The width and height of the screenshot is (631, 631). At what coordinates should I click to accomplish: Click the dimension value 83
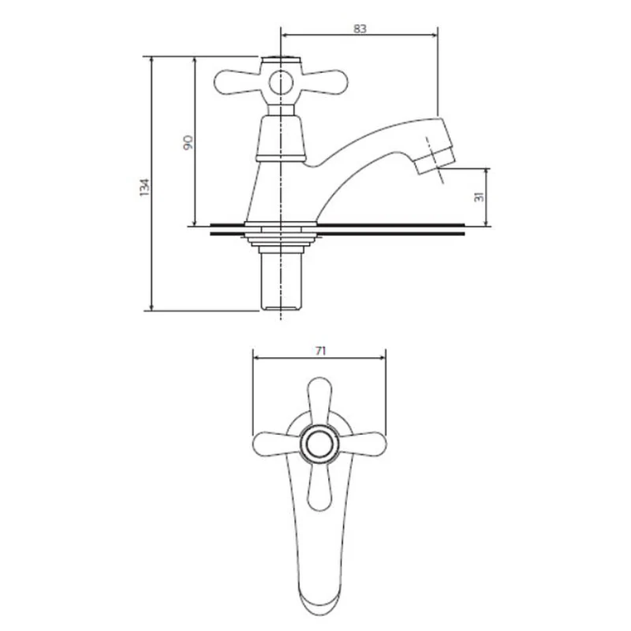360,28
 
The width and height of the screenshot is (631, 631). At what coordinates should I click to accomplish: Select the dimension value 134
144,187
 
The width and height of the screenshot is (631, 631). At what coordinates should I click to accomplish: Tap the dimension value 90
188,142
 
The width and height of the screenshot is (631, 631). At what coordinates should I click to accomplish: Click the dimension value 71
320,351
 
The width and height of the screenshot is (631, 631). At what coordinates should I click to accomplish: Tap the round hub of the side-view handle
282,82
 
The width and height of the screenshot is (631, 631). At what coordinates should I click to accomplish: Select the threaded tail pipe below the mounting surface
281,282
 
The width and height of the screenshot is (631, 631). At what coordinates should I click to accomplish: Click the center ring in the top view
319,445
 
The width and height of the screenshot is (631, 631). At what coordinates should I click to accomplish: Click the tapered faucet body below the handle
281,179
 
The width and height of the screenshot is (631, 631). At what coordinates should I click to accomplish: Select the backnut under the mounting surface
281,242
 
